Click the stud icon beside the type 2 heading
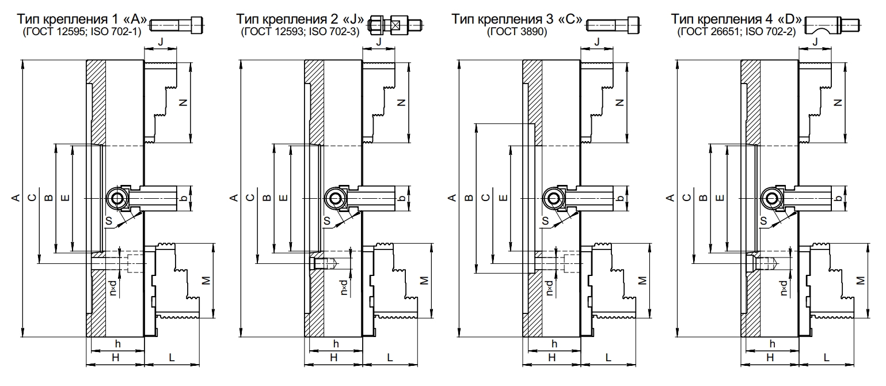coord(397,25)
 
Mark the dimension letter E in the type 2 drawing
coord(283,198)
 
